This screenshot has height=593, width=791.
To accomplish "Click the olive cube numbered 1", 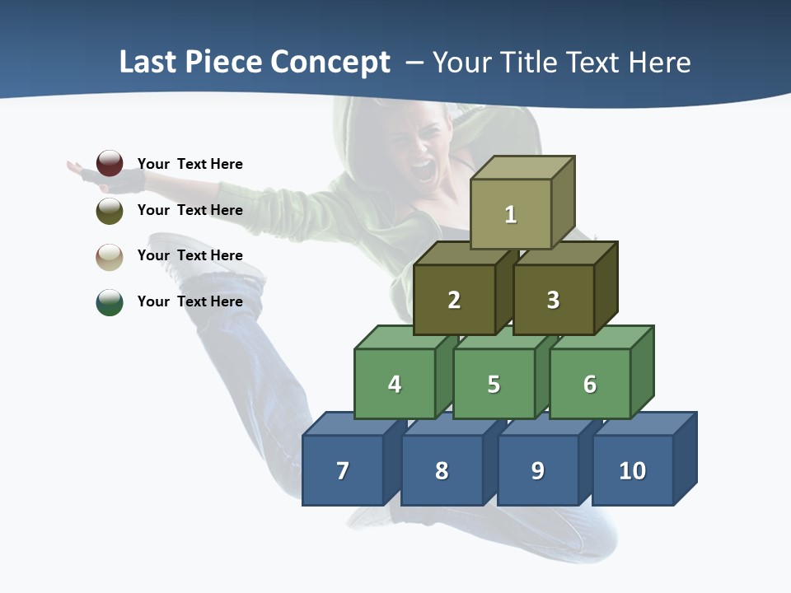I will coord(511,214).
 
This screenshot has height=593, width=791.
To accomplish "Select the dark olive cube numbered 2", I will coord(454,300).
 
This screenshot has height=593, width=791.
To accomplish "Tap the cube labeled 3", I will coord(553,300).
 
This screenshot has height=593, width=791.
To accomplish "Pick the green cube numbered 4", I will coord(395,384).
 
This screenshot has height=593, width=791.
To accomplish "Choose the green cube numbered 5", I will coord(494,384).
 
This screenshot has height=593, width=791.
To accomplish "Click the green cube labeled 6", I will coord(590,384).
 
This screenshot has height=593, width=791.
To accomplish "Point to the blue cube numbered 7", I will coord(343,470).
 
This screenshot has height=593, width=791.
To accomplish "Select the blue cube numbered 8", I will coord(442,470).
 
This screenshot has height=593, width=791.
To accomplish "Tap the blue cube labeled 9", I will coord(537,470).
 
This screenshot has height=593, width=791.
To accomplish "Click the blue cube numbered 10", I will coord(632,470).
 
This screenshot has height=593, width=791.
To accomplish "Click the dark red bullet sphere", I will coord(110,163).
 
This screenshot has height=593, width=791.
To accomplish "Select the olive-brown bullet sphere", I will coord(110,210).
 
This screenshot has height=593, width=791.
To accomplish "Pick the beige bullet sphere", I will coord(110,256).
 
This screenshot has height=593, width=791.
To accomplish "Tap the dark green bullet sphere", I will coord(110,302).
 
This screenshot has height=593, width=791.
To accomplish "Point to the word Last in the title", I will coord(149,63).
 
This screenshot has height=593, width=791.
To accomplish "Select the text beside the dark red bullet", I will coord(190,164).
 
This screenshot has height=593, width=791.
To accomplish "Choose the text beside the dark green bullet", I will coord(190,301).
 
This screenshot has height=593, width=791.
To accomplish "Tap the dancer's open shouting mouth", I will coord(423,170).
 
